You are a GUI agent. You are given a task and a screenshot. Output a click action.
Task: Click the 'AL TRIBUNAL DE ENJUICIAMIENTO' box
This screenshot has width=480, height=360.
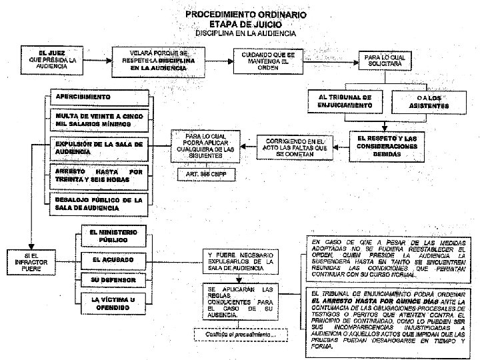click(345, 101)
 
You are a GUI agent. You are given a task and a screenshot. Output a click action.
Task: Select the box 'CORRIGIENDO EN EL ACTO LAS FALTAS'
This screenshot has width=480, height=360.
click(294, 147)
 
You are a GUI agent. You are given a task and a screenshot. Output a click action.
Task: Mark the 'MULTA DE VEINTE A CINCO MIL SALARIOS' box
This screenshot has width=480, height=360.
click(98, 121)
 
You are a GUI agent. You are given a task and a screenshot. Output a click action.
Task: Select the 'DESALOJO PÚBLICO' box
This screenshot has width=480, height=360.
click(98, 203)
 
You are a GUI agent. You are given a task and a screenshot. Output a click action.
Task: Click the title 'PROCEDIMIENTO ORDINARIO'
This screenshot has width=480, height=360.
click(246, 13)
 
